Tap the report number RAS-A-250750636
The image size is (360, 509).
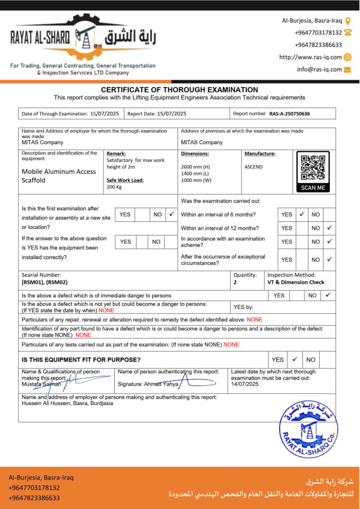click(289, 114)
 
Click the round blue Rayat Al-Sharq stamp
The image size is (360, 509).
click(308, 428)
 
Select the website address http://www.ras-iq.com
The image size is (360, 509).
click(310, 57)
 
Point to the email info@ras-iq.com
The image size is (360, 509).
click(319, 70)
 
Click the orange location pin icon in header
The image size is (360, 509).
click(348, 21)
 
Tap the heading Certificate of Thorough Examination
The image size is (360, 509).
click(180, 90)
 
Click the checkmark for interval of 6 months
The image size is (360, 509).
click(302, 214)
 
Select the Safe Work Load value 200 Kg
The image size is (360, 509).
click(115, 187)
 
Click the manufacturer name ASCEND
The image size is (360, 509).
click(254, 167)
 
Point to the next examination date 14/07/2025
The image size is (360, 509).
click(245, 384)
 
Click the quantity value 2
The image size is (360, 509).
click(235, 282)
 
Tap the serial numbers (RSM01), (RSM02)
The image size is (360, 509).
click(44, 282)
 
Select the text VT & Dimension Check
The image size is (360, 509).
click(295, 282)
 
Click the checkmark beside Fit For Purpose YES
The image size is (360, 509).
click(294, 359)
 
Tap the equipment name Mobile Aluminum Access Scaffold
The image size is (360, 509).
click(59, 176)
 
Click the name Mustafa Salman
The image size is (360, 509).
click(41, 384)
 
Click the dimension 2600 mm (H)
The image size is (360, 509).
click(195, 167)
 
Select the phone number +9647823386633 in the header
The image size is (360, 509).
click(318, 45)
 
